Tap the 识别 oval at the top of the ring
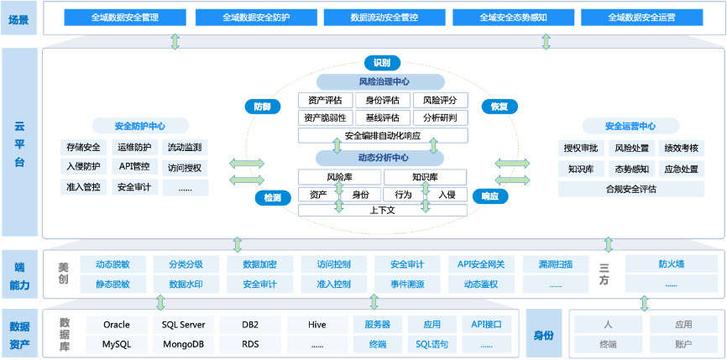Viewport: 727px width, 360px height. tap(381, 62)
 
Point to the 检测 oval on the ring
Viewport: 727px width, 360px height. tap(272, 198)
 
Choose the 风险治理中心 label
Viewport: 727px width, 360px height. tap(380, 82)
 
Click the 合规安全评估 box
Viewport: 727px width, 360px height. tap(630, 189)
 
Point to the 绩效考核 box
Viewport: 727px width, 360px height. tap(681, 148)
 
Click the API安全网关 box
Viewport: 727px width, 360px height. tap(481, 264)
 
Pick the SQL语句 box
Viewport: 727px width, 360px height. tap(432, 344)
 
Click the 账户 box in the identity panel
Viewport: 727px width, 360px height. tap(683, 344)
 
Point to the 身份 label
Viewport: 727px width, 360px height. tap(543, 335)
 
